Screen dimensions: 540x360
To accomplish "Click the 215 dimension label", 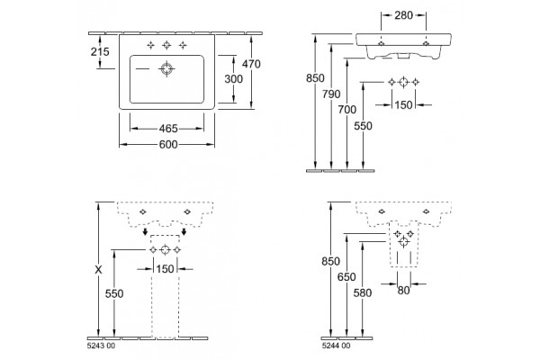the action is [100, 51].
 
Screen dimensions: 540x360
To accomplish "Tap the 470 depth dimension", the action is [251, 64].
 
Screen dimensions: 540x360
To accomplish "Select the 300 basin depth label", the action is [233, 79].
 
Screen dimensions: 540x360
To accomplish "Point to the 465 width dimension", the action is [168, 129].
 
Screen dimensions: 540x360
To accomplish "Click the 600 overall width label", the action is [168, 145].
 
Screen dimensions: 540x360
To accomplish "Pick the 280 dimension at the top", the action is [403, 15].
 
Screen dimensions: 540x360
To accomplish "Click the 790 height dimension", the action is [331, 94].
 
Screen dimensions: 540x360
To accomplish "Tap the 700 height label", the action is [346, 110].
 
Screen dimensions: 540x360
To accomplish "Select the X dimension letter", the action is [98, 270].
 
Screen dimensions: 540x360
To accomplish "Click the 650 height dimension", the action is [346, 277].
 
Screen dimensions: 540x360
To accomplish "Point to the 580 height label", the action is [363, 293].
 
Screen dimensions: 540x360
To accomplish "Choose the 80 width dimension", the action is [403, 291].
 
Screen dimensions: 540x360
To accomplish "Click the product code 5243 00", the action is [101, 346].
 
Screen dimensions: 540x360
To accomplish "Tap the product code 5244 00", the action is [336, 346].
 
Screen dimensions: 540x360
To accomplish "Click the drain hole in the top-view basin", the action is [166, 69].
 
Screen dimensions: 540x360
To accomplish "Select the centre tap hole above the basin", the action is [166, 45].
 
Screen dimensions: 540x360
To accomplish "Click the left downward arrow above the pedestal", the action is [146, 231].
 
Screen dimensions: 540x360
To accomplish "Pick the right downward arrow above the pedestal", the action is [184, 231].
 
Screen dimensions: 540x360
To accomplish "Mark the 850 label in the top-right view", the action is [315, 78].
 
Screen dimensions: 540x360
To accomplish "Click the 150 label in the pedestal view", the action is [166, 269].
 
